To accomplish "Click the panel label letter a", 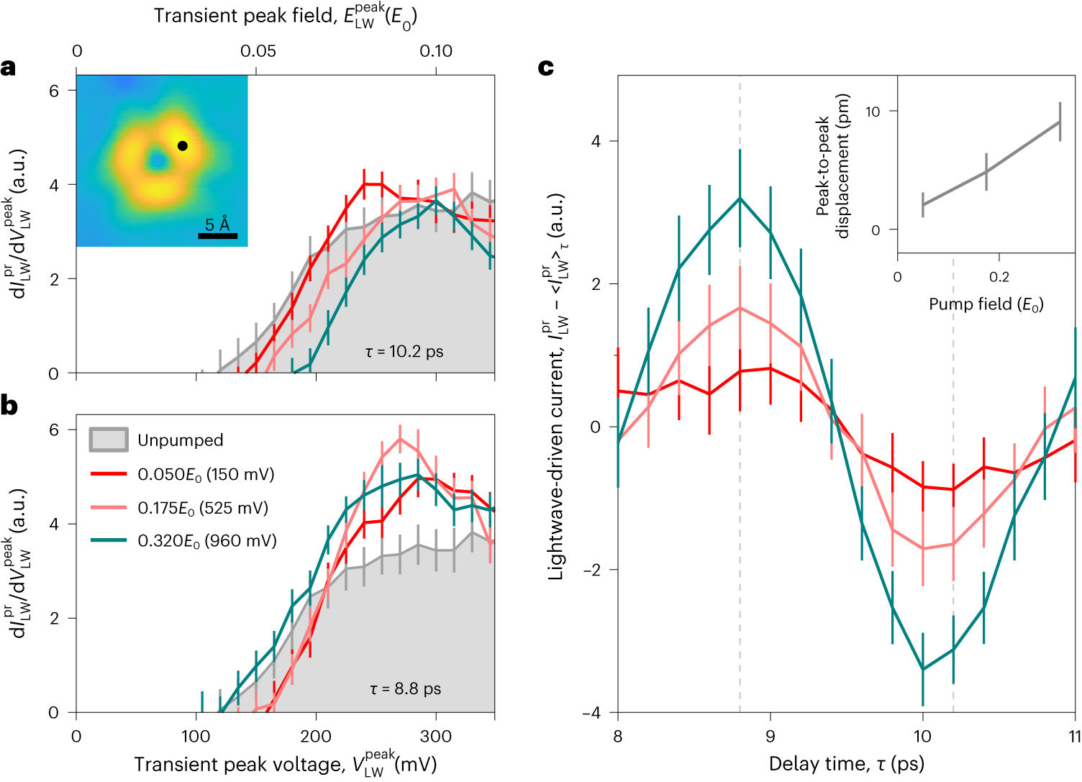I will coord(8,68).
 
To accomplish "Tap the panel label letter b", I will coord(9,406).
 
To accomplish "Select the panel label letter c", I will coord(546,68).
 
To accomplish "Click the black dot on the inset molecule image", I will coord(183,146).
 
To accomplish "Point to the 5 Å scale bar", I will coord(217,235).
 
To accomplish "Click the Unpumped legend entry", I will coord(180,440).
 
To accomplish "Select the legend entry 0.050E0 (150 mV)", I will coord(206,475).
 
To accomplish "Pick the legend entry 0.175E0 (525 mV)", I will coord(203,509).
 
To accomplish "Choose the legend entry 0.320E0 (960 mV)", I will coord(207,541).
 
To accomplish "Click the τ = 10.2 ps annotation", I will coord(404,352).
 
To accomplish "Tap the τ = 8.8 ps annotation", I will coord(406,689).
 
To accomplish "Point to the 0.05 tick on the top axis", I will coord(258,52).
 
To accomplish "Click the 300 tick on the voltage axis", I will coord(435,737).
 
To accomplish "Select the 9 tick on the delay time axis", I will coord(770,737).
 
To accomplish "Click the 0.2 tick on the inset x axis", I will coord(999,278).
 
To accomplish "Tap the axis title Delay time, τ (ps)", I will coord(846,763).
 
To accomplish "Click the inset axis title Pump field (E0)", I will coord(986,304).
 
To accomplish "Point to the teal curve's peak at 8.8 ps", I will coord(740,199).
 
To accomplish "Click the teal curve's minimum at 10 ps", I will coord(923,670).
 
